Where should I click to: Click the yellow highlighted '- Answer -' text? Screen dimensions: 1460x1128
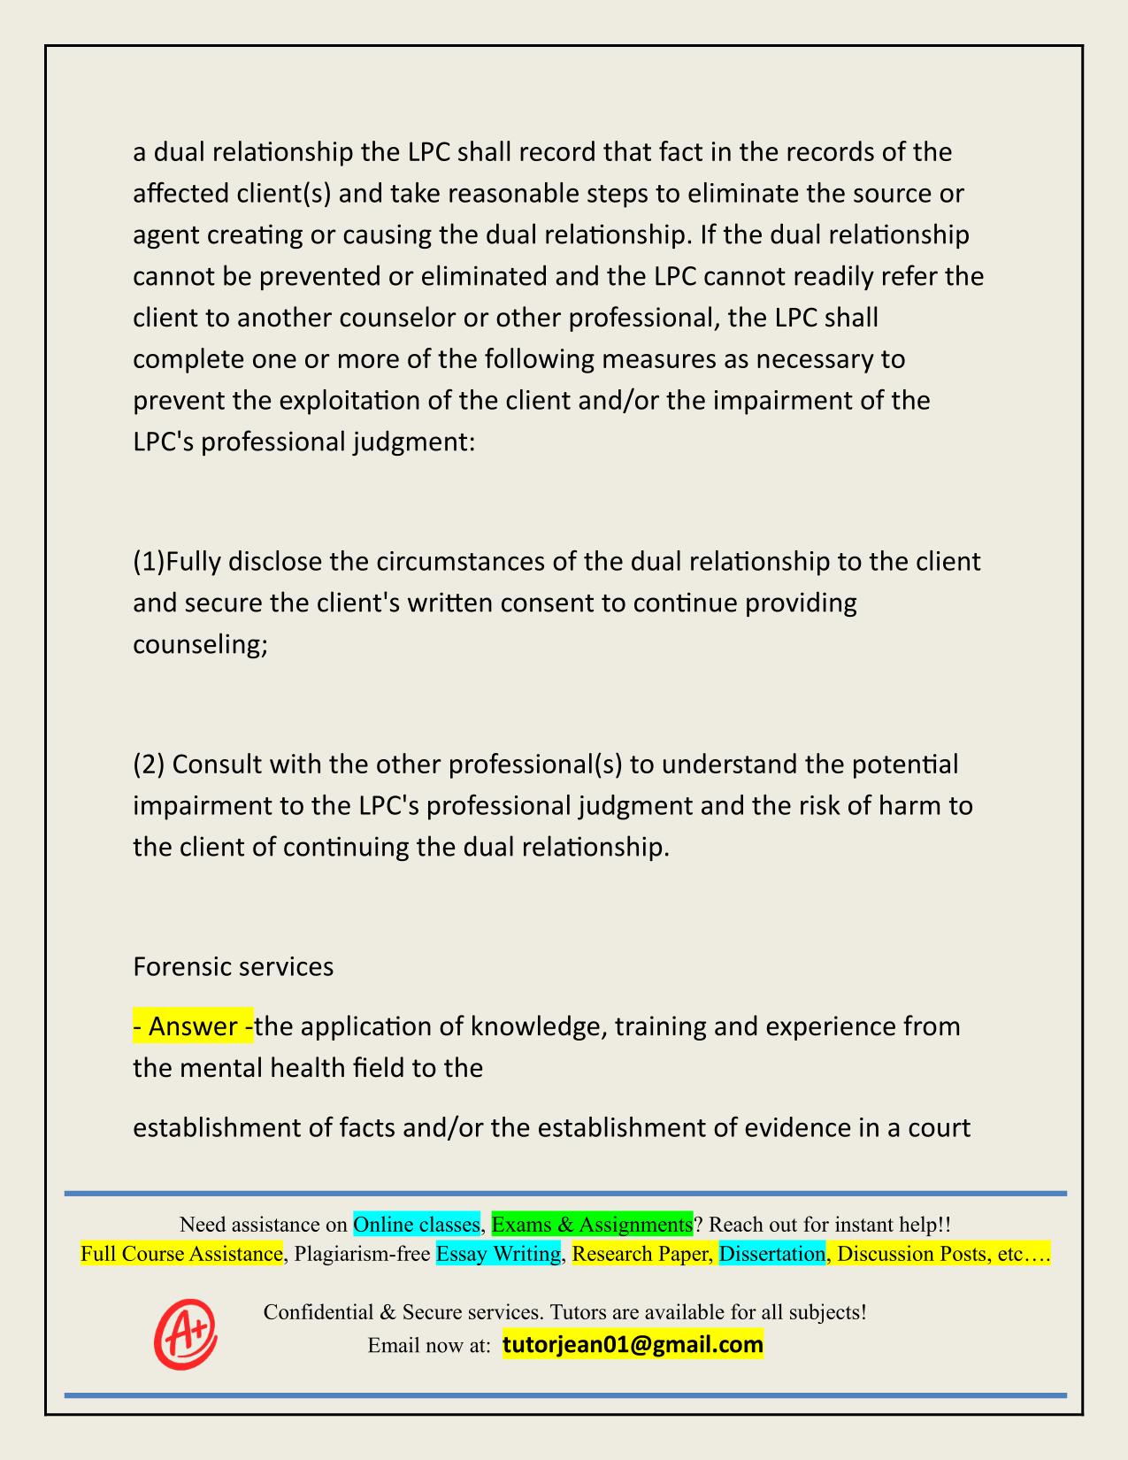[x=193, y=1026]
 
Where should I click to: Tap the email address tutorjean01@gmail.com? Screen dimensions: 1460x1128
[x=633, y=1345]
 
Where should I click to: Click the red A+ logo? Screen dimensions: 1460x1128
[x=186, y=1333]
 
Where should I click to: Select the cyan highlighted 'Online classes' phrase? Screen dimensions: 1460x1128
[x=416, y=1225]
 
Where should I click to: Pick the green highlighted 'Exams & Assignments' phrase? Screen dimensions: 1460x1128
[x=592, y=1225]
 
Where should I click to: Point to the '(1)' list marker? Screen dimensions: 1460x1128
[x=149, y=562]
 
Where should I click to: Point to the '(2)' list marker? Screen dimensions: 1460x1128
[x=149, y=764]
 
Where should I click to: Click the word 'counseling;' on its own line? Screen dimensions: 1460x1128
[x=200, y=644]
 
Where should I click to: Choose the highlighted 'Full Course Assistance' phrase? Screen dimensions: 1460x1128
[x=181, y=1254]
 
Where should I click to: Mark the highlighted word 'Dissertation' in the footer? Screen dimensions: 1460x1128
[x=771, y=1254]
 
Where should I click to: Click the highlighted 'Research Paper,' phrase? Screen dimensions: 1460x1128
[x=642, y=1254]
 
